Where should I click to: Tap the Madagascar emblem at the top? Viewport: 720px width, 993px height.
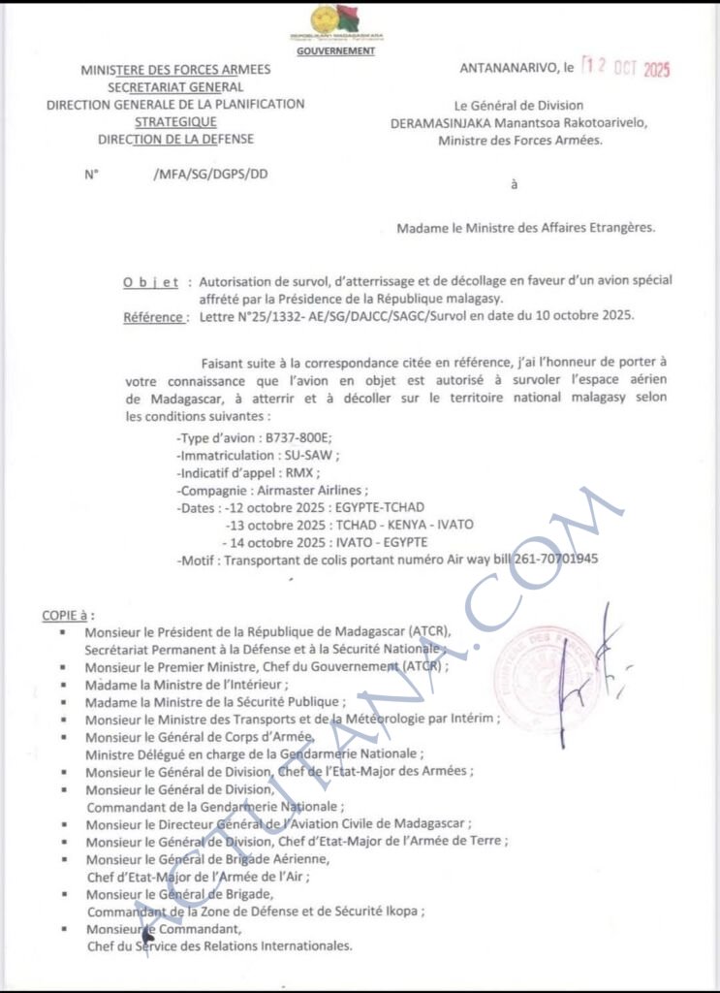(x=336, y=22)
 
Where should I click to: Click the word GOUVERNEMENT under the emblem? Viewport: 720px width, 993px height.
(x=336, y=49)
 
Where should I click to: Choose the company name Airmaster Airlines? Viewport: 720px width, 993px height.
(x=315, y=491)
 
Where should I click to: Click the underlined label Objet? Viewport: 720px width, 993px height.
(x=150, y=282)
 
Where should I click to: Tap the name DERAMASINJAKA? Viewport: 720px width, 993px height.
(x=448, y=123)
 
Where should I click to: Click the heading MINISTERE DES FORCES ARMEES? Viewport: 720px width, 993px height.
(x=175, y=70)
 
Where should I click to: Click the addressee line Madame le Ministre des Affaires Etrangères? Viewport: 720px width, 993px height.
(x=525, y=229)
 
